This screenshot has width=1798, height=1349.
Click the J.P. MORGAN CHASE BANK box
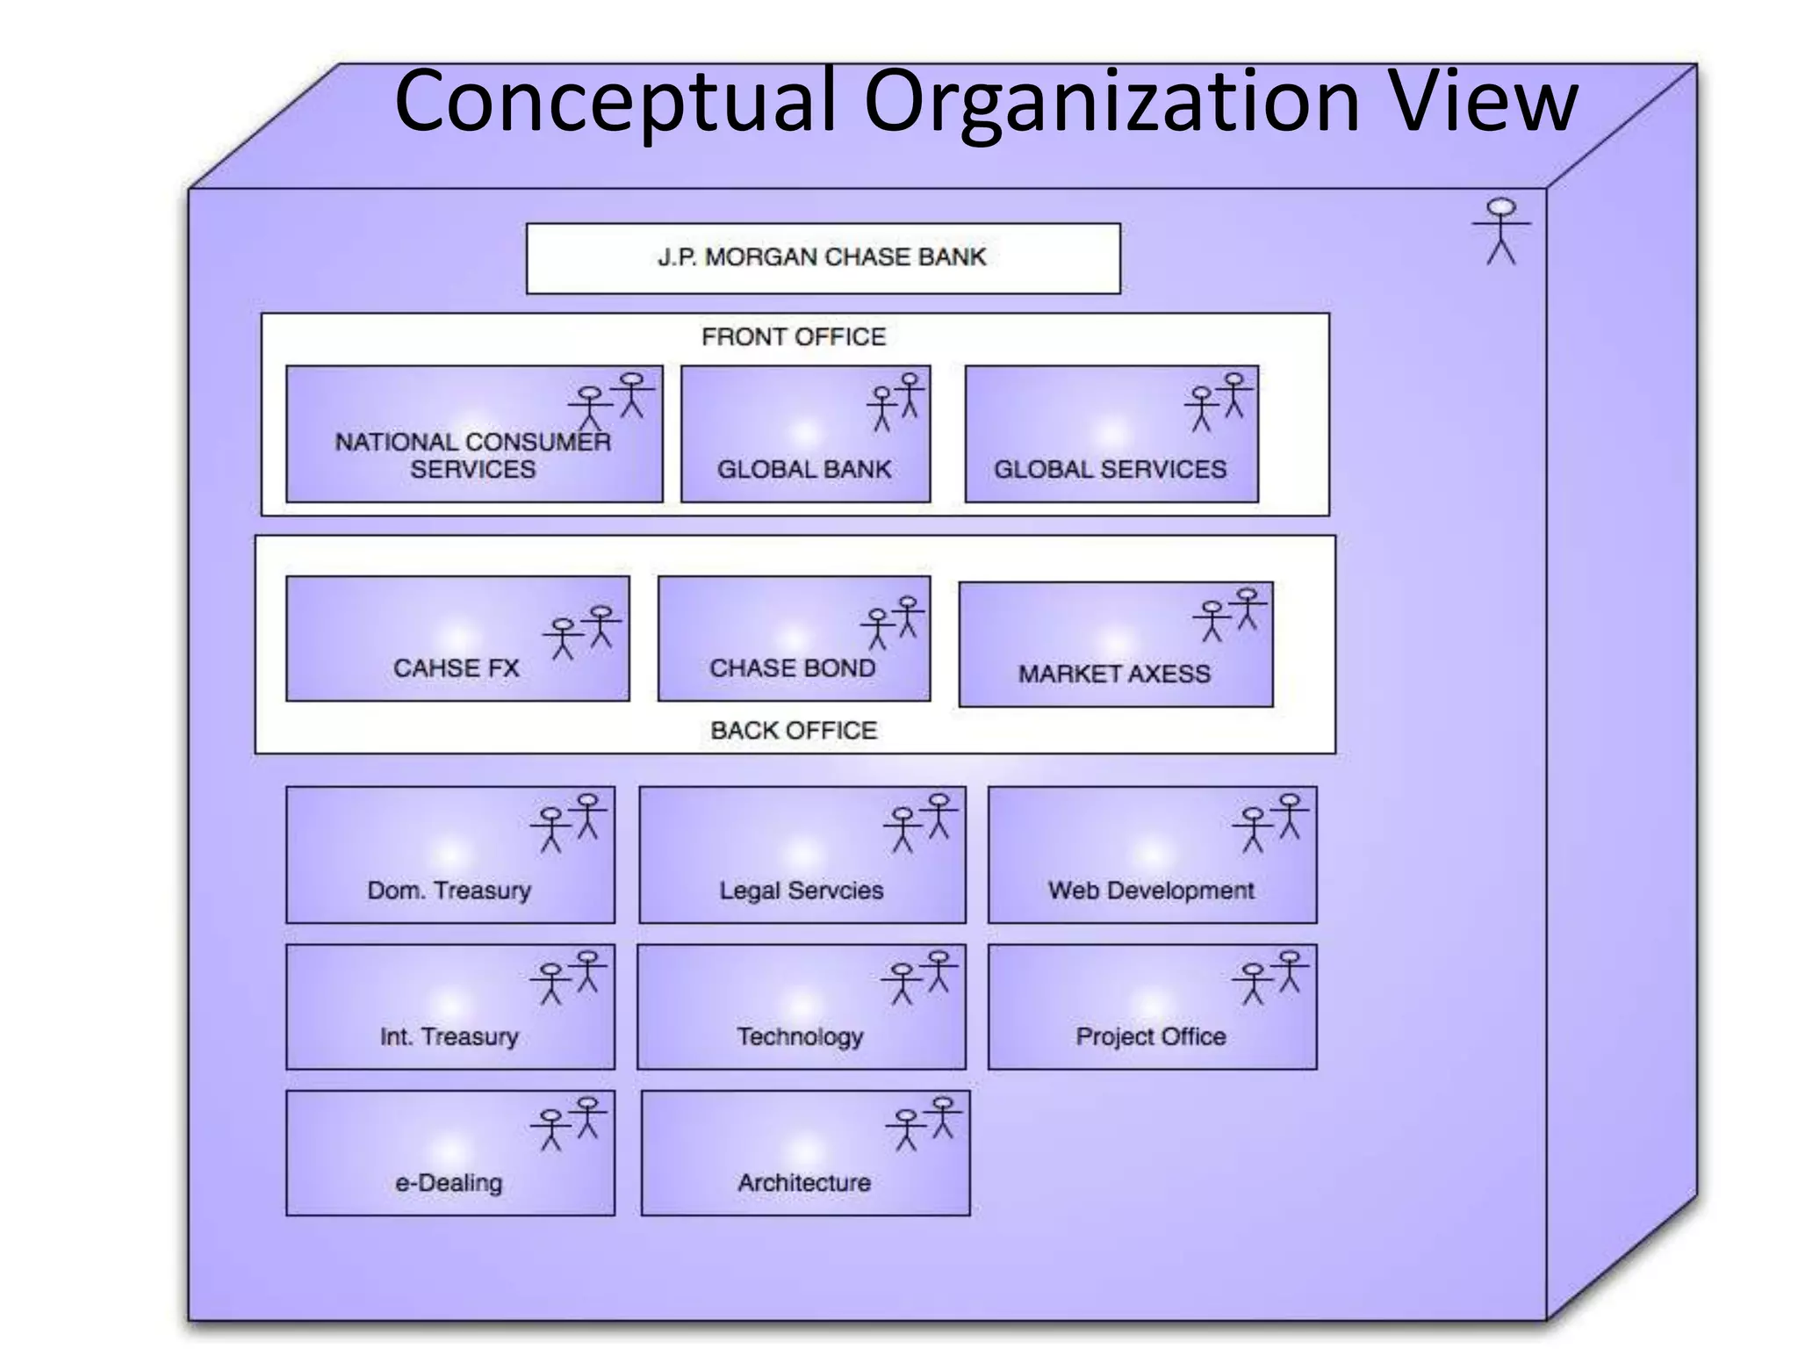pyautogui.click(x=823, y=257)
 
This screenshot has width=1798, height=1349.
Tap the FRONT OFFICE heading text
pyautogui.click(x=794, y=336)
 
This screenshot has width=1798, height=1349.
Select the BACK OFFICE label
pyautogui.click(x=794, y=730)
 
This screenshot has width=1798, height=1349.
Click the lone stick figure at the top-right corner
pyautogui.click(x=1500, y=231)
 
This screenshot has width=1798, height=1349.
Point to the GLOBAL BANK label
pyautogui.click(x=804, y=469)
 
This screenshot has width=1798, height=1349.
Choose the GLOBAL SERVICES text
pyautogui.click(x=1110, y=469)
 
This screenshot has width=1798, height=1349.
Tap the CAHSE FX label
pyautogui.click(x=456, y=668)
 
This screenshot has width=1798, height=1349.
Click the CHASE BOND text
pyautogui.click(x=792, y=668)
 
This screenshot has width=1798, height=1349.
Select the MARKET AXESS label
pyautogui.click(x=1114, y=674)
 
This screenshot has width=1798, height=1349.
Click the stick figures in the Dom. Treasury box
pyautogui.click(x=569, y=822)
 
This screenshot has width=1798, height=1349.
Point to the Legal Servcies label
pyautogui.click(x=801, y=891)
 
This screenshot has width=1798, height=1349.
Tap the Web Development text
pyautogui.click(x=1151, y=891)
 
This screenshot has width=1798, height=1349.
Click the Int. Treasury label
pyautogui.click(x=449, y=1036)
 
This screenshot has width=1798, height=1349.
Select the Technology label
pyautogui.click(x=800, y=1036)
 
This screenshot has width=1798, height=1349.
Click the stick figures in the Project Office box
pyautogui.click(x=1271, y=977)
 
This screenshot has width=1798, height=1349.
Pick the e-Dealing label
pyautogui.click(x=449, y=1183)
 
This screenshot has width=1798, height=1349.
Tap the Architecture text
pyautogui.click(x=804, y=1183)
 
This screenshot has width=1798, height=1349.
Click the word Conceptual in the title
pyautogui.click(x=615, y=104)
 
